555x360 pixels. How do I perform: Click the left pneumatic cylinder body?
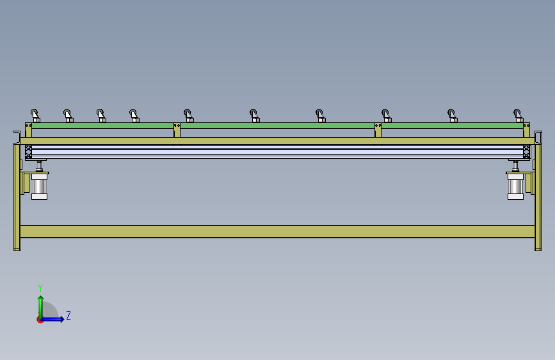39,186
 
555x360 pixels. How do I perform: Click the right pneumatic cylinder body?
515,186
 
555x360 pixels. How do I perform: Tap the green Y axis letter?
40,288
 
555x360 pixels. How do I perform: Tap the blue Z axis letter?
68,315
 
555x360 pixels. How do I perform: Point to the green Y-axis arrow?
41,307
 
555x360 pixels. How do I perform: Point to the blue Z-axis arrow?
52,319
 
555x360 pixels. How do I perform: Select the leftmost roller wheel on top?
34,113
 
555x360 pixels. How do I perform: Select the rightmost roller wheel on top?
517,113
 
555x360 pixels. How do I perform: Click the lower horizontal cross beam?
278,231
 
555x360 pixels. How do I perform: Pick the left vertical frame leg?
17,197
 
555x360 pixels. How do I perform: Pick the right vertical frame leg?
538,197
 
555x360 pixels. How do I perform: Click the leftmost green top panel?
102,126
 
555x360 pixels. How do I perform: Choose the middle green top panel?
278,126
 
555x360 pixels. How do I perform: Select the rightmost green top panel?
452,126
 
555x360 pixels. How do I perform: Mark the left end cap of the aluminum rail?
28,152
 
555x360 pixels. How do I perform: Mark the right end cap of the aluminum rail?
527,152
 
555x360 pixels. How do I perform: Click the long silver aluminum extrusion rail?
278,152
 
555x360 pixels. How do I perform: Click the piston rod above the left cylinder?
39,165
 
